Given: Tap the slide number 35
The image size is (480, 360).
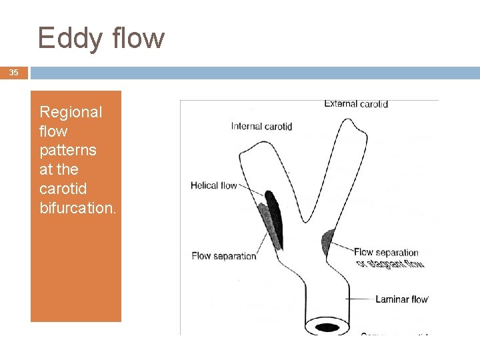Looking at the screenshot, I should pyautogui.click(x=14, y=73).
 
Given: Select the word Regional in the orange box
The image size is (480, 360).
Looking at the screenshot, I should pyautogui.click(x=71, y=112).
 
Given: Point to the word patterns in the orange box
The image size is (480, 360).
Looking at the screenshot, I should pyautogui.click(x=67, y=150).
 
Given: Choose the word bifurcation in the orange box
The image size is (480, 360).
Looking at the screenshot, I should pyautogui.click(x=77, y=207).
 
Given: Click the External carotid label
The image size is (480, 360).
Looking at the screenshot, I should pyautogui.click(x=356, y=104).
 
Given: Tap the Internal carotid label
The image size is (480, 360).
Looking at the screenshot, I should pyautogui.click(x=261, y=126).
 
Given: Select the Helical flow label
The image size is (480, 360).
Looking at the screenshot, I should pyautogui.click(x=213, y=185).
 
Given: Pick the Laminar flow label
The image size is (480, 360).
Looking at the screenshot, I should pyautogui.click(x=401, y=299).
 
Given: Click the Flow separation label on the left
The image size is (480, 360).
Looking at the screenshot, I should pyautogui.click(x=223, y=255).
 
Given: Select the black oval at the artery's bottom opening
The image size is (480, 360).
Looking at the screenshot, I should pyautogui.click(x=327, y=327).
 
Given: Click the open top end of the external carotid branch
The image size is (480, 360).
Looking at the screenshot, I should pyautogui.click(x=348, y=127).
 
